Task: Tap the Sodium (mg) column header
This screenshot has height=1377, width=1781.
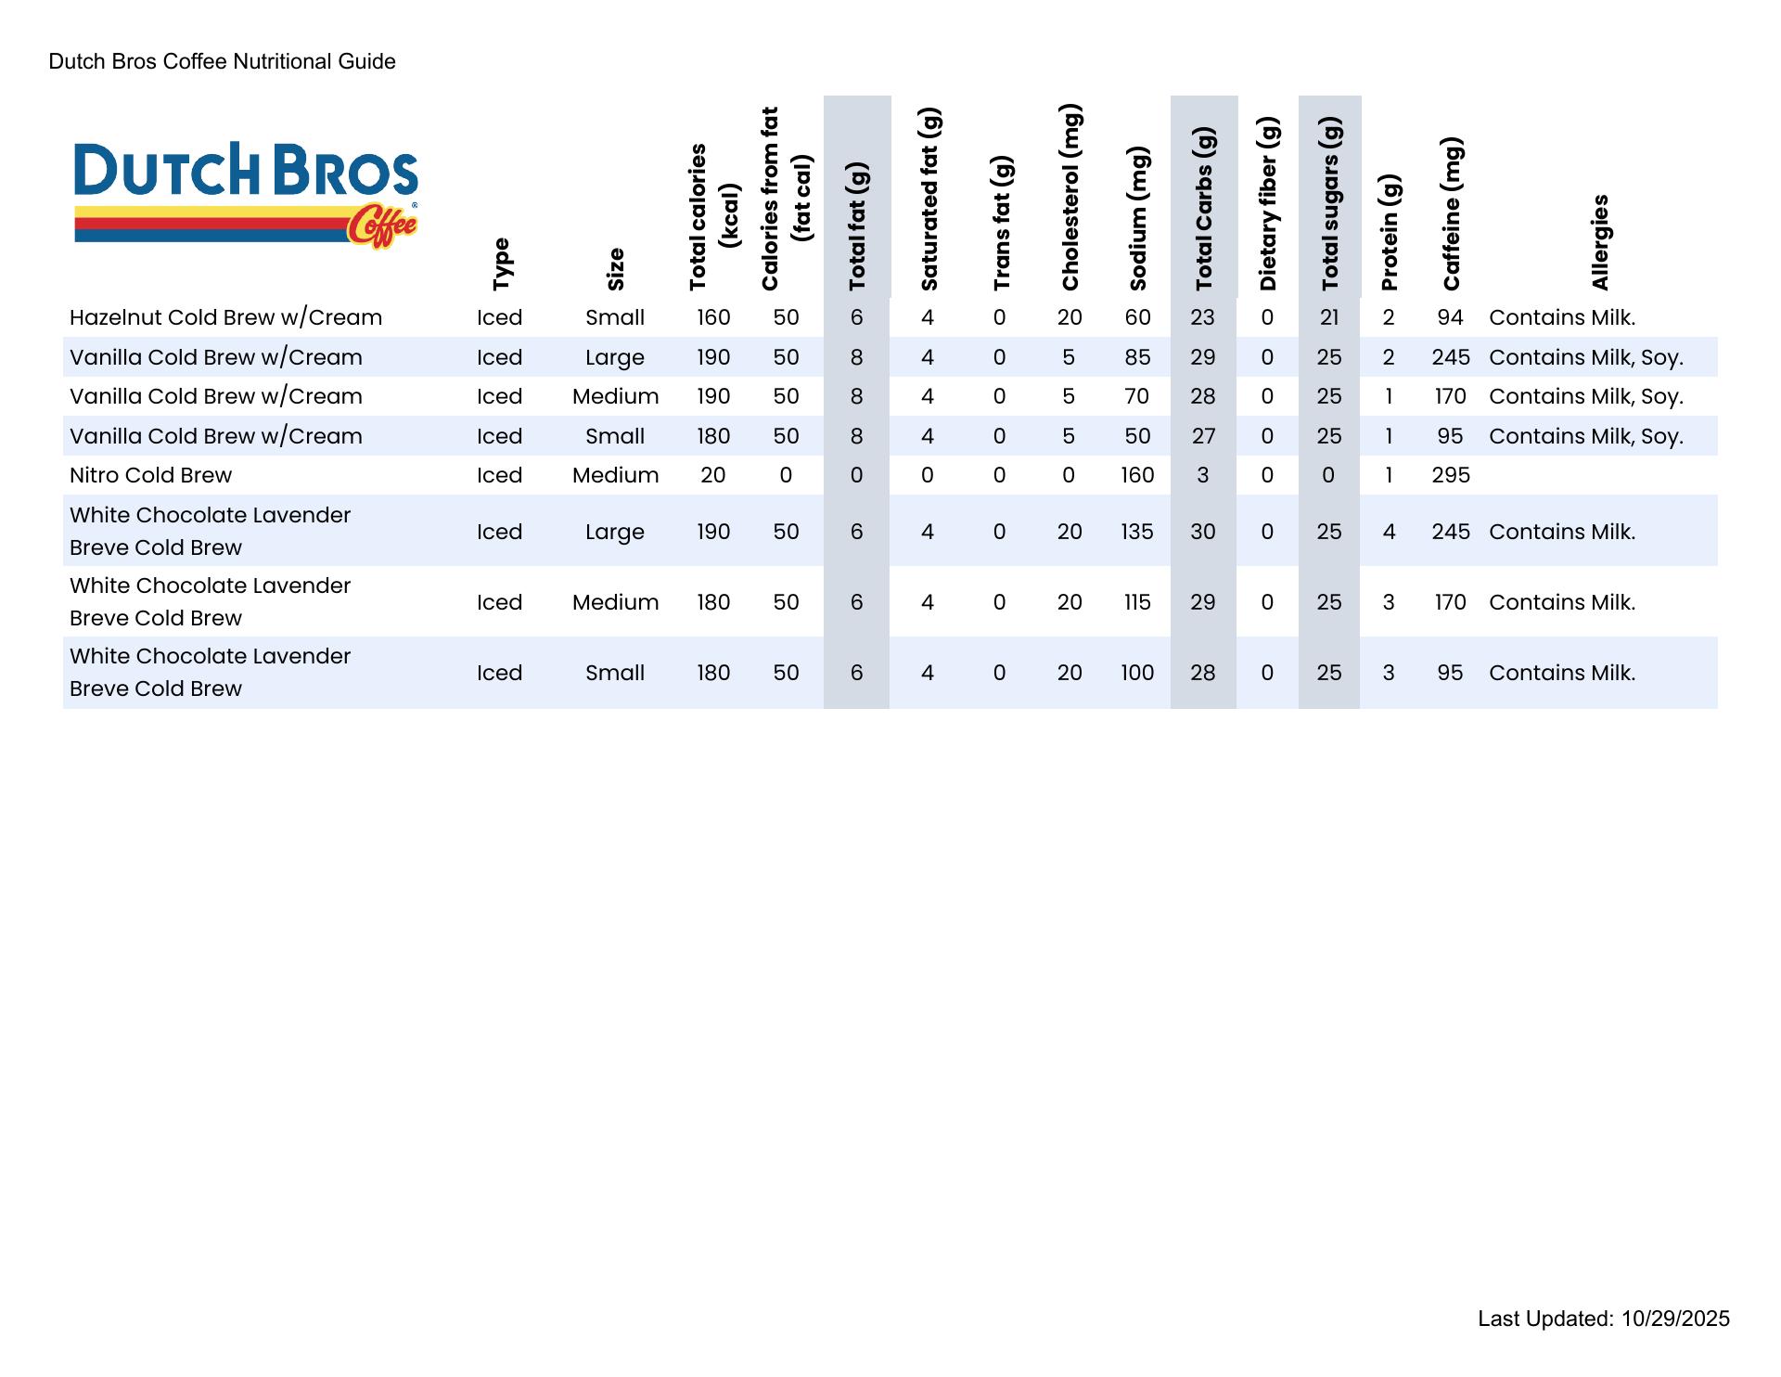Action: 1139,218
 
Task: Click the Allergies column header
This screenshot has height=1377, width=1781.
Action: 1600,242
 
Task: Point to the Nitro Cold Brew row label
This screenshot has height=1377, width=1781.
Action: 150,475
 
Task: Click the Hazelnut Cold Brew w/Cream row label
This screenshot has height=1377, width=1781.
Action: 225,317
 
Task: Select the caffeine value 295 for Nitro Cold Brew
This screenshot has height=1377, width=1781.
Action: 1451,475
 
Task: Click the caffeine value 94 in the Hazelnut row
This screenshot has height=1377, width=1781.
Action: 1450,317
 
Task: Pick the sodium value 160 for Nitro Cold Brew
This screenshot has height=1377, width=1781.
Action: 1137,475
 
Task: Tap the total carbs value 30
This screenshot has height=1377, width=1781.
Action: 1202,532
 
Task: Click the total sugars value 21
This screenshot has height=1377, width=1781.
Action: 1329,317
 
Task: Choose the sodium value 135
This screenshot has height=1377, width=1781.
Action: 1137,532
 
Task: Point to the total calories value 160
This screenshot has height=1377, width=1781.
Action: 713,317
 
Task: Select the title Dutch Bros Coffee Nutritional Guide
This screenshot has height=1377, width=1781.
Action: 223,61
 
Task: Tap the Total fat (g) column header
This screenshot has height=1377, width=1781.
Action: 857,226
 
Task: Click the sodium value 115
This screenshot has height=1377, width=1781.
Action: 1137,602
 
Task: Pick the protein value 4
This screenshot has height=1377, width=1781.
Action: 1389,532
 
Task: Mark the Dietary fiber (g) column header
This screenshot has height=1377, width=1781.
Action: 1268,204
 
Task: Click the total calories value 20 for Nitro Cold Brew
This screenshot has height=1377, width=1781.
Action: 712,475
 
